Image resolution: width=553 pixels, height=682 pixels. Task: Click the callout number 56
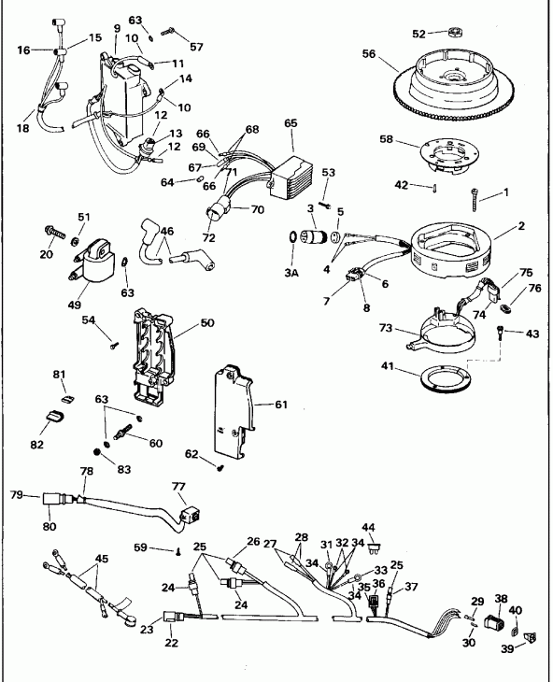coord(370,55)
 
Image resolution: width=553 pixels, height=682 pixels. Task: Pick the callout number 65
coord(291,122)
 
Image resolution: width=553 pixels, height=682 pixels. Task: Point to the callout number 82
coord(36,445)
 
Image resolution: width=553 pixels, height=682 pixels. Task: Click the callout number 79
coord(16,494)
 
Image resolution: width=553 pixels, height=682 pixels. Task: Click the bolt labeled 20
coord(53,230)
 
